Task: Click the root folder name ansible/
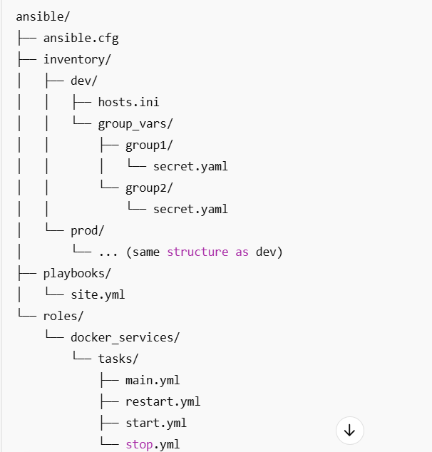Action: (43, 16)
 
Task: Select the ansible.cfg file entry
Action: (76, 38)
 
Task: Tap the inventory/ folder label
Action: (76, 59)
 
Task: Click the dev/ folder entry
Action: (83, 81)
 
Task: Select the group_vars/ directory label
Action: (135, 123)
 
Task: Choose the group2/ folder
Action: (149, 188)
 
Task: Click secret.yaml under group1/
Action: (190, 166)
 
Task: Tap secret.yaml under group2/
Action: (190, 209)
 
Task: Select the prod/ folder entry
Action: (87, 230)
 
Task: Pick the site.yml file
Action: (98, 294)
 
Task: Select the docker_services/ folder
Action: (125, 337)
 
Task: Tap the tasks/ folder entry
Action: (118, 359)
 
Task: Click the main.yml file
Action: (153, 380)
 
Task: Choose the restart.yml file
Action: (163, 401)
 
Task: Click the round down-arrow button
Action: (349, 430)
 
